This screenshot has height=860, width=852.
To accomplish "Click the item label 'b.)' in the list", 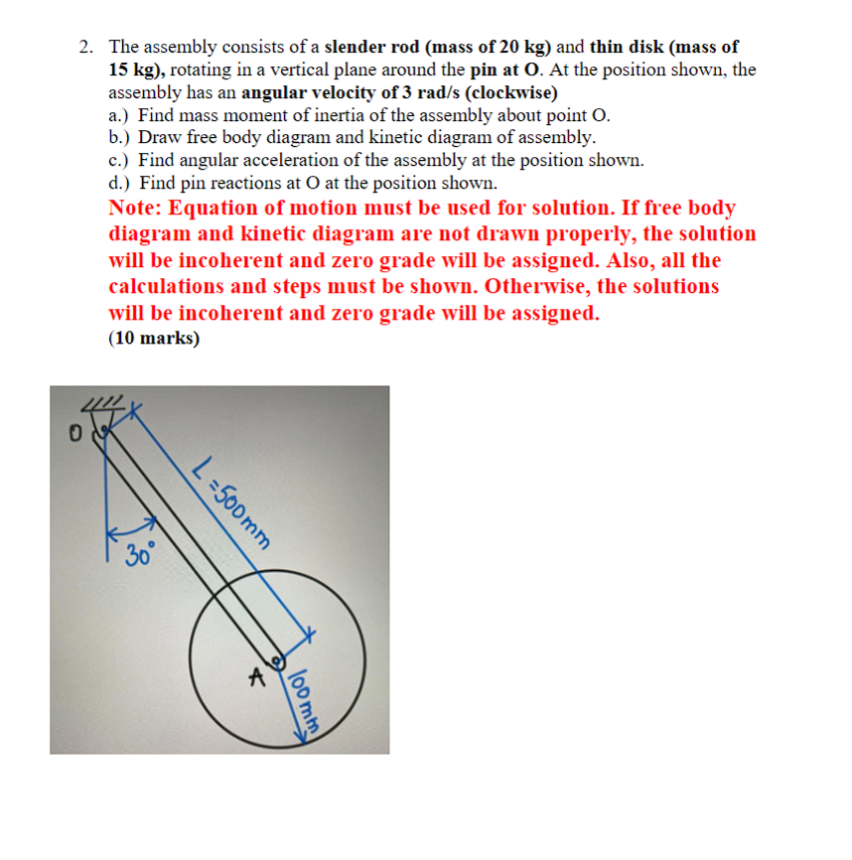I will click(121, 138).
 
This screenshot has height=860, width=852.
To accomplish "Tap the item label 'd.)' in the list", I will click(121, 184).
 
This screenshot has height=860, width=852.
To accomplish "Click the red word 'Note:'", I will click(137, 209).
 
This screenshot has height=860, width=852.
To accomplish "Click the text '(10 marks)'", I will click(154, 339).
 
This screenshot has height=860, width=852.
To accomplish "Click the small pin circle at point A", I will click(277, 660).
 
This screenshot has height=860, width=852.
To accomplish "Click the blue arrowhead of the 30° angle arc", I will click(151, 520).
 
